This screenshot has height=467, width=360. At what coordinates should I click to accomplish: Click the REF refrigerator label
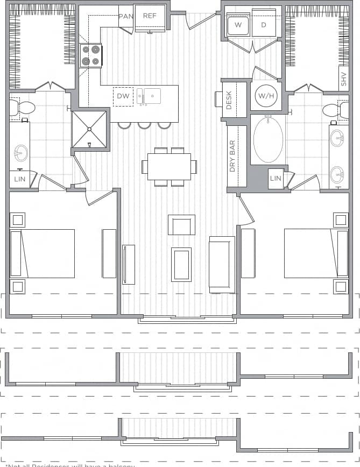point(150,16)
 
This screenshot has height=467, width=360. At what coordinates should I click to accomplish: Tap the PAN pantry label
point(125,16)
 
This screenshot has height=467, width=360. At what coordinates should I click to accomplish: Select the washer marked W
point(237,25)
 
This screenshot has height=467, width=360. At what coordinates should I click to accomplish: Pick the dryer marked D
point(264,25)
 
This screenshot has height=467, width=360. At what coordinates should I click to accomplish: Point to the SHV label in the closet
point(343,80)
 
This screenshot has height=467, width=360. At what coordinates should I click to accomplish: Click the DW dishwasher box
point(123,96)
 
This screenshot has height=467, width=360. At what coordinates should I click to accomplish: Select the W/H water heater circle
point(265,96)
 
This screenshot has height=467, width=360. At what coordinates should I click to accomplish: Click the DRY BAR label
point(232,156)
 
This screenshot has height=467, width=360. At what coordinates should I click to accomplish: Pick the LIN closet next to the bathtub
point(276,179)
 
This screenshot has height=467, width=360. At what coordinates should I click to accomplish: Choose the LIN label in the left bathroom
point(19,179)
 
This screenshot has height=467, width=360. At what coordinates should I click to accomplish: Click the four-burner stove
point(90,55)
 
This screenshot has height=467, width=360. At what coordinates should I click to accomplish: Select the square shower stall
point(89,129)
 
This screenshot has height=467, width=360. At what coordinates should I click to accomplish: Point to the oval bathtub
point(268,139)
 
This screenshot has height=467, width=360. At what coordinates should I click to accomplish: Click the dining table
point(169,167)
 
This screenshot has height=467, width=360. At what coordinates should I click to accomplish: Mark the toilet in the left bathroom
point(22,108)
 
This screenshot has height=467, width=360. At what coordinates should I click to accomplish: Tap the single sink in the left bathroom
point(21,152)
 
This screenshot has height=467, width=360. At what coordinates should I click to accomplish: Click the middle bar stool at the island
point(144,125)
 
